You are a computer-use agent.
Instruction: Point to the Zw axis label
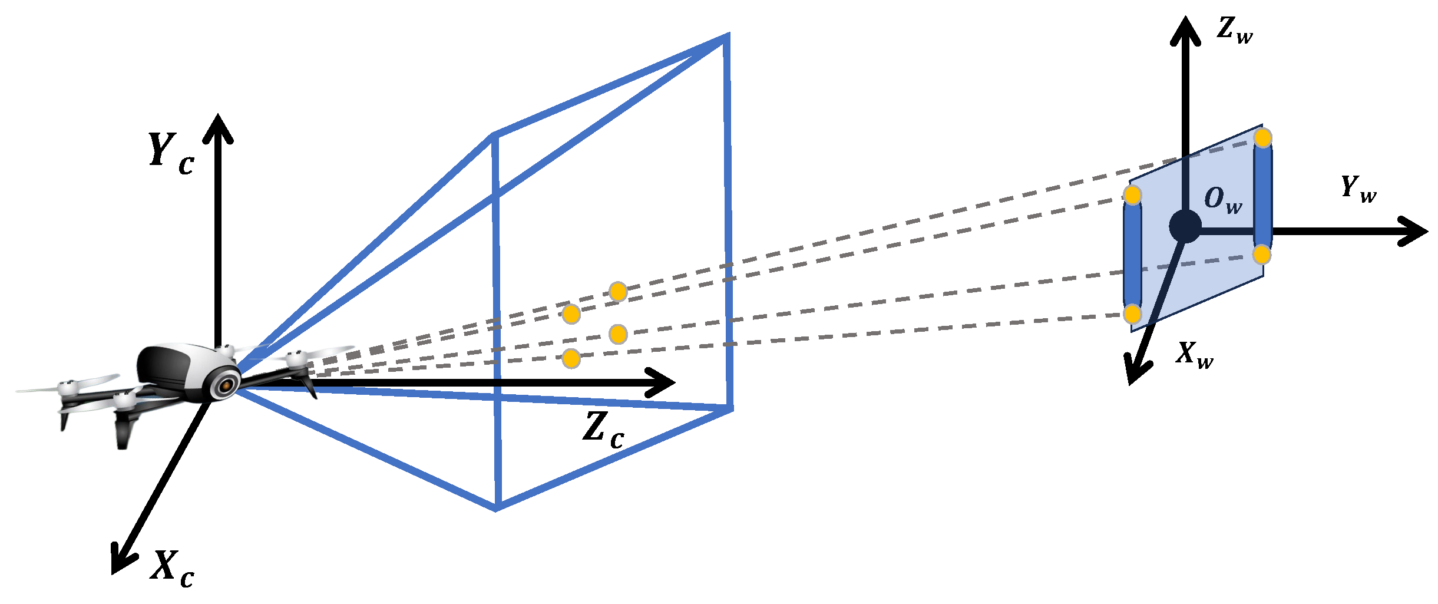1234,31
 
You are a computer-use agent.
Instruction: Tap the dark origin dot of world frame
1185,226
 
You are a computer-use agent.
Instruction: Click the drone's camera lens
225,386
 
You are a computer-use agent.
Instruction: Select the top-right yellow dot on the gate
1262,138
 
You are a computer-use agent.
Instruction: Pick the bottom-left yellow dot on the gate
1132,314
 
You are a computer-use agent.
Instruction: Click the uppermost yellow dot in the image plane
618,291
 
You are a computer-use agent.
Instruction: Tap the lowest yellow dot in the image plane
571,358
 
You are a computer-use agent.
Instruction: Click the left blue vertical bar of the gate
1132,255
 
